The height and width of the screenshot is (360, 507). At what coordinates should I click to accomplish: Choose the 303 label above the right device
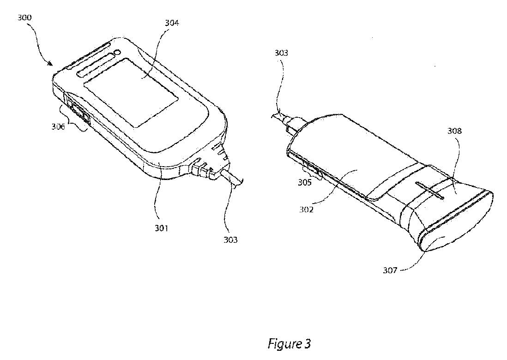click(281, 53)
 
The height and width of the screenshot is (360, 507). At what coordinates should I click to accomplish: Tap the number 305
click(305, 182)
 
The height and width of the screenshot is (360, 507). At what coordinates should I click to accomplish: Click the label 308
click(454, 131)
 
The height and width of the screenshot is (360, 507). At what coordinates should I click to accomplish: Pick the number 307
click(390, 270)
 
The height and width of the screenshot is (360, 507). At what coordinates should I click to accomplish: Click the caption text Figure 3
click(290, 343)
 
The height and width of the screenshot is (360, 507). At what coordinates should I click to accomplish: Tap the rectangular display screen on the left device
click(132, 92)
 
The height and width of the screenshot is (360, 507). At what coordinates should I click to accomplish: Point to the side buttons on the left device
click(78, 111)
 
